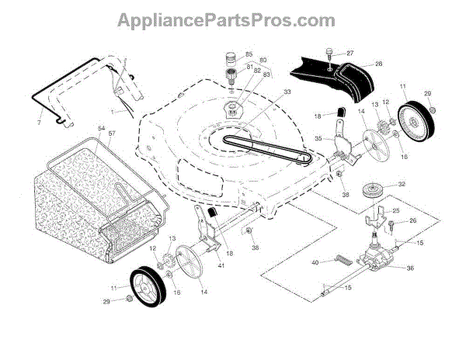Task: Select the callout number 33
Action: tap(266, 92)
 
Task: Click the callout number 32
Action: tap(402, 185)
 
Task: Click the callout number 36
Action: tap(411, 268)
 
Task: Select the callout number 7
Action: tap(40, 123)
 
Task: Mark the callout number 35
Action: tap(318, 139)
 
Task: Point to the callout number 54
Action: tap(101, 126)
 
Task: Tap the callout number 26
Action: tap(412, 221)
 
